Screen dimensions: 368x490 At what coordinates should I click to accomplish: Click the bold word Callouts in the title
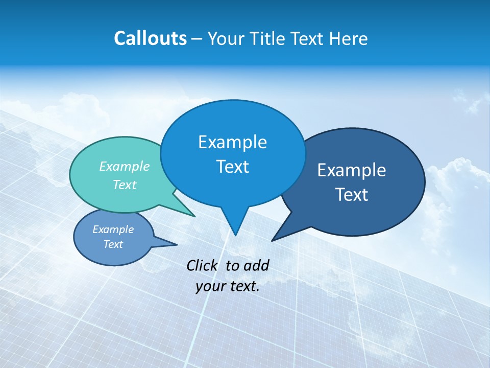[150, 38]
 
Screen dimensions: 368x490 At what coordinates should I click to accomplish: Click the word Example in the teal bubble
[125, 167]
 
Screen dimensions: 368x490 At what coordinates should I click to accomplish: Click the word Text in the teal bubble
[125, 185]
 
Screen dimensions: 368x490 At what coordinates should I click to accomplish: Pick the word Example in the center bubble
[232, 142]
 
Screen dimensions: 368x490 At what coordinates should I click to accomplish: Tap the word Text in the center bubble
[232, 167]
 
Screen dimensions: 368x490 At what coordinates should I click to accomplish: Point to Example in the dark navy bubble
[352, 170]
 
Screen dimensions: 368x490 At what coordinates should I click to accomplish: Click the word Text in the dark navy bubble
[352, 195]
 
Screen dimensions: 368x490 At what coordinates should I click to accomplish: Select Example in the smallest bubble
[113, 229]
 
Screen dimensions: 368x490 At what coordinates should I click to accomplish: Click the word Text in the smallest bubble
[113, 244]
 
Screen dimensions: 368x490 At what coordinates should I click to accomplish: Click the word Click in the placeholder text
[203, 265]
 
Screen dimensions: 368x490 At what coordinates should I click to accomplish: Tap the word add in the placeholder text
[256, 265]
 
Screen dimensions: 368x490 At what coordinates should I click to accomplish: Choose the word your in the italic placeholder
[210, 286]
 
